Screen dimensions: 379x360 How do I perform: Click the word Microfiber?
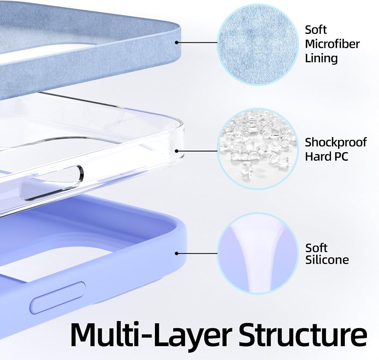point(332,44)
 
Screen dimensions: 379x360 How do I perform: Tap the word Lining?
point(321,59)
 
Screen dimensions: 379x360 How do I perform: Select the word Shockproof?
point(335,143)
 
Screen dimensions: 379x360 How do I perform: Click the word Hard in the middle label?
point(317,156)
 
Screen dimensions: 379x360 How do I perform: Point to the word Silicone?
point(327,259)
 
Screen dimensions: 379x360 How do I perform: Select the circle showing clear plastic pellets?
point(257,149)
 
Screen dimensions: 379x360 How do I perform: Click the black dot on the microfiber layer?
point(177,42)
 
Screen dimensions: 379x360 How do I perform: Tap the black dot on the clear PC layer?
point(177,151)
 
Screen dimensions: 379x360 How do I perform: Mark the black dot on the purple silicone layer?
point(177,253)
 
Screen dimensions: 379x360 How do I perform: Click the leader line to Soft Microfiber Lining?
point(197,42)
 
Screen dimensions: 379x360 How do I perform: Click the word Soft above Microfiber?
point(316,30)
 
